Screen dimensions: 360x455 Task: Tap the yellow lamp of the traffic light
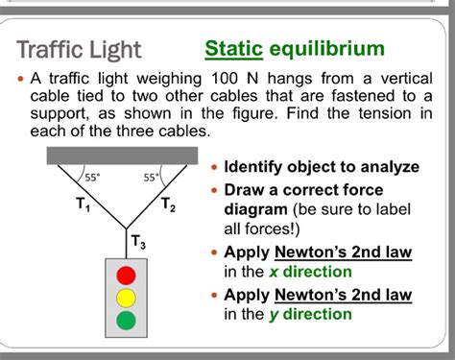click(127, 298)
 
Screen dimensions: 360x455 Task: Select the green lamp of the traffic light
click(127, 320)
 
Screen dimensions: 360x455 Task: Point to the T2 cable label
click(168, 204)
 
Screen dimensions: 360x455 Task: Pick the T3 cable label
click(139, 242)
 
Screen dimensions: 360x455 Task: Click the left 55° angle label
click(93, 177)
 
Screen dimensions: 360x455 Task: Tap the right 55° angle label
click(152, 177)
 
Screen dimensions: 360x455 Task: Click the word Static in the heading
click(233, 48)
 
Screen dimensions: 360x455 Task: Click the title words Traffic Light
click(80, 50)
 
